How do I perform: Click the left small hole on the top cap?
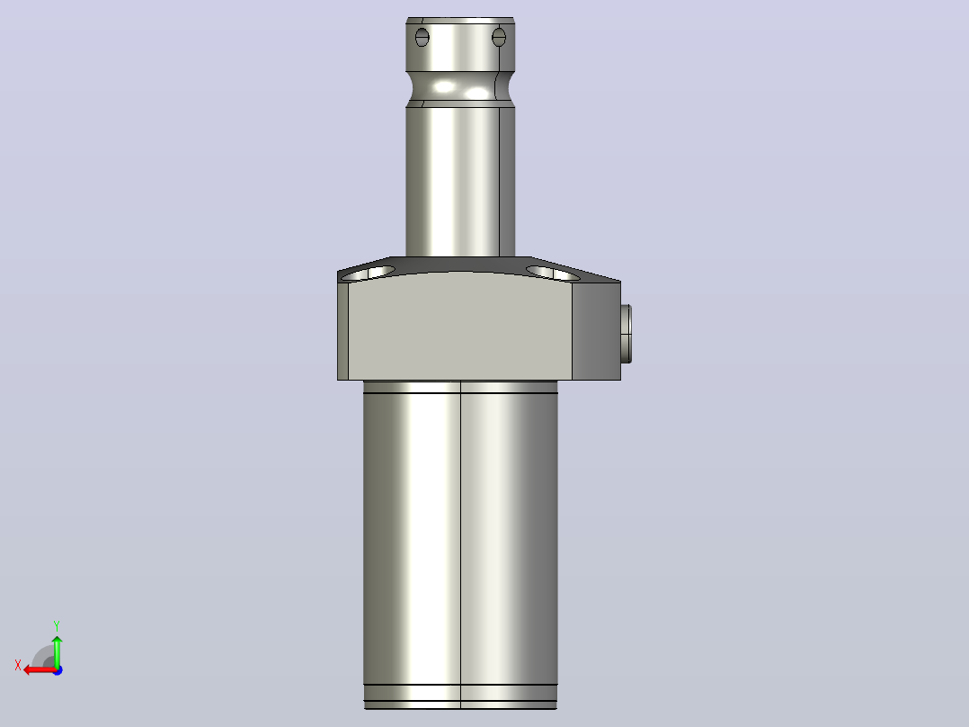422,37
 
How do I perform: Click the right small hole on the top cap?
499,37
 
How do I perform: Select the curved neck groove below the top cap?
460,87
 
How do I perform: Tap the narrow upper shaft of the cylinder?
460,182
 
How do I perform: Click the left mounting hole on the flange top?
368,274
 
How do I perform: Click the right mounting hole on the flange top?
553,273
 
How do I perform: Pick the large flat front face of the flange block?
460,327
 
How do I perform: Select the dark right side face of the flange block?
596,331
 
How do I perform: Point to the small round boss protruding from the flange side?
626,334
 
